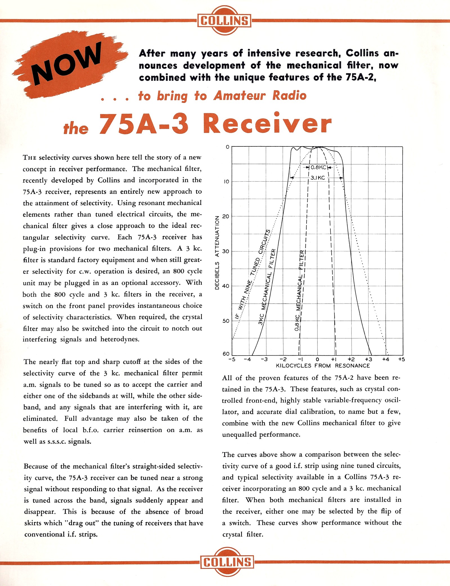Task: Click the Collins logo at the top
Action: pyautogui.click(x=224, y=21)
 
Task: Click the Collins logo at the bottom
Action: pyautogui.click(x=227, y=562)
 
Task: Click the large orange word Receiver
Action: pyautogui.click(x=267, y=124)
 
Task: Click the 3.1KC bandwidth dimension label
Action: pyautogui.click(x=318, y=178)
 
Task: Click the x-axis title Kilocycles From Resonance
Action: pyautogui.click(x=323, y=366)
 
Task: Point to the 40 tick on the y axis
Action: pyautogui.click(x=226, y=286)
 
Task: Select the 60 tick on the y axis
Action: pyautogui.click(x=226, y=354)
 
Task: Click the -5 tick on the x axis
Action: pyautogui.click(x=232, y=359)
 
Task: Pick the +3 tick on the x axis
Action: pyautogui.click(x=368, y=359)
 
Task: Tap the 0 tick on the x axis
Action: pyautogui.click(x=317, y=359)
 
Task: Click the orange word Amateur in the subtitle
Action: pyautogui.click(x=239, y=96)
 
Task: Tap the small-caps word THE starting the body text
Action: pyautogui.click(x=30, y=158)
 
